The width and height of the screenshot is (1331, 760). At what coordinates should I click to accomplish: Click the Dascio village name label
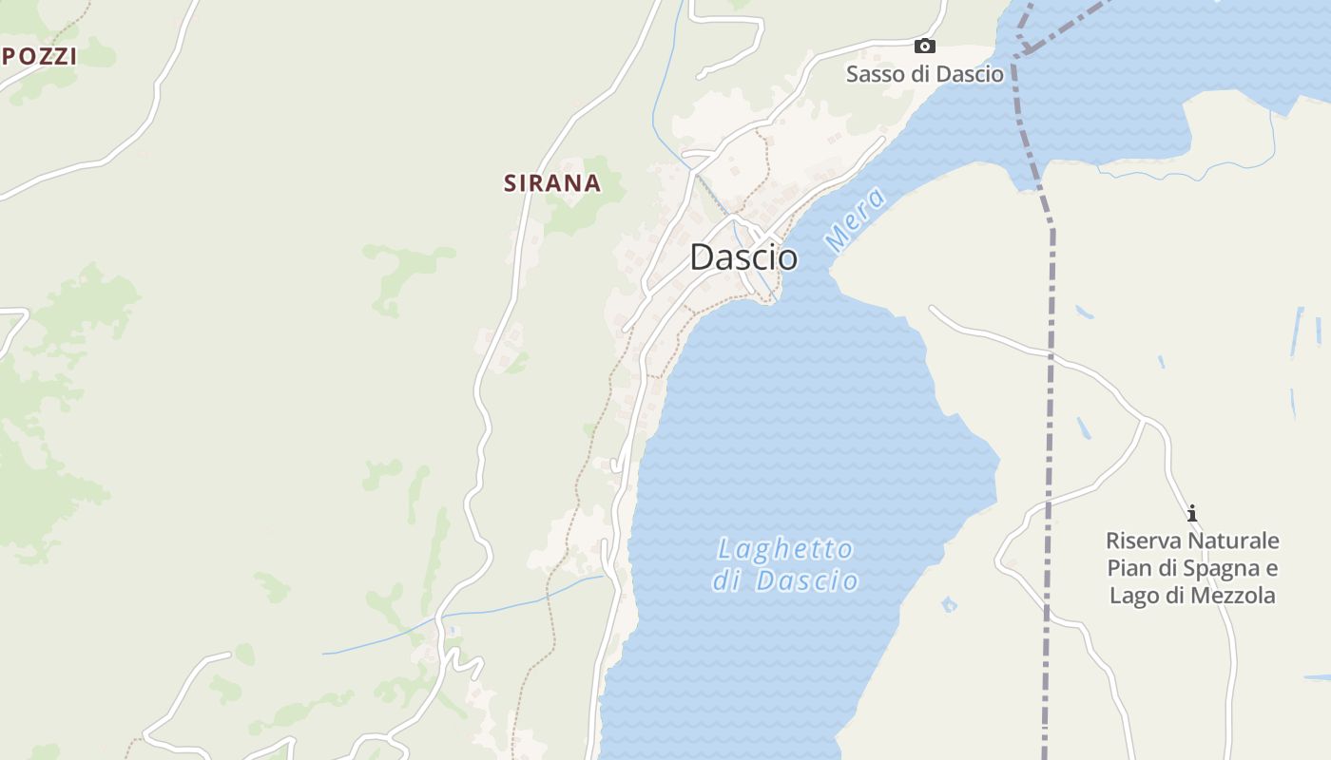point(743,256)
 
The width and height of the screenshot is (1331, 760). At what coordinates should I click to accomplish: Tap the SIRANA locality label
point(552,183)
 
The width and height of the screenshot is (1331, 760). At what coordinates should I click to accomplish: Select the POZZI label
point(39,56)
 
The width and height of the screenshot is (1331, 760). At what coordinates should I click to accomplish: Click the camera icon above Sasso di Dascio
point(924,46)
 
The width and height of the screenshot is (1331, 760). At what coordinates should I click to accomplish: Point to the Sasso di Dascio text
point(924,74)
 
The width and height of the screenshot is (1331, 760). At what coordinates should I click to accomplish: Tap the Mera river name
point(856,220)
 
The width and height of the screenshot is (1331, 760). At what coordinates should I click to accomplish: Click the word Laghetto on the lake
point(785,549)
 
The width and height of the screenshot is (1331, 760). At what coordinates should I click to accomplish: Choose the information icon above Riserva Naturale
point(1192,514)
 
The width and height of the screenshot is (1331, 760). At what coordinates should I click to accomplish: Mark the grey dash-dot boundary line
point(1051,380)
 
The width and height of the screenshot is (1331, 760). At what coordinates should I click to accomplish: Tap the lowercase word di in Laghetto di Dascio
point(727,581)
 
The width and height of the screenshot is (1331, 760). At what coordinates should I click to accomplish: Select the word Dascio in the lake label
point(807,581)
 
